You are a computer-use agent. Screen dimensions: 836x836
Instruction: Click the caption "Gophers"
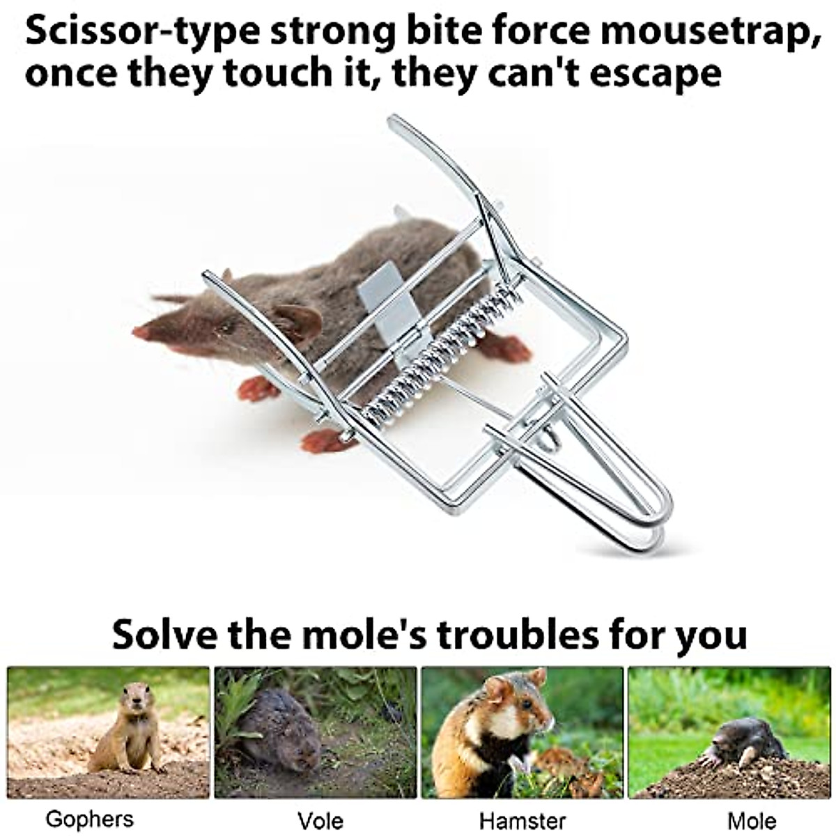pos(89,819)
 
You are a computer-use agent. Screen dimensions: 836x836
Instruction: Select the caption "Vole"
pos(320,820)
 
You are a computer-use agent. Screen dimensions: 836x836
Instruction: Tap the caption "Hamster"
pos(522,820)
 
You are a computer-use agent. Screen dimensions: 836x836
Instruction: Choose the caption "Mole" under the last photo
pos(743,820)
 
